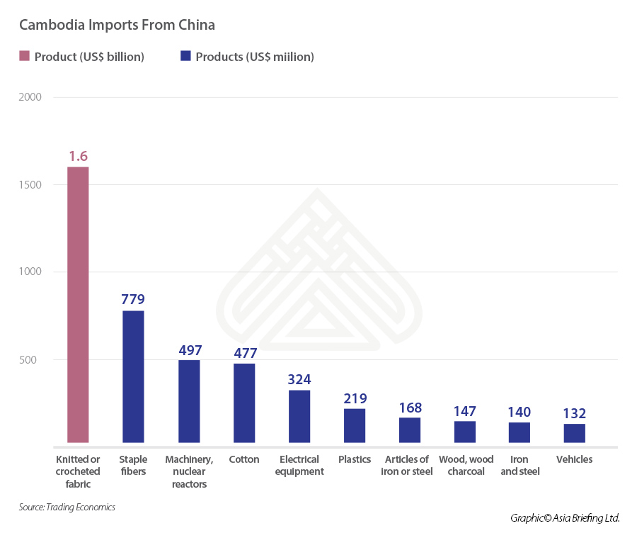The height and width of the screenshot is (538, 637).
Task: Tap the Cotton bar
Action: (244, 404)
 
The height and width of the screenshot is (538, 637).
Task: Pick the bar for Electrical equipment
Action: (299, 417)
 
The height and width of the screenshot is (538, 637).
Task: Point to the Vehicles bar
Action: (574, 435)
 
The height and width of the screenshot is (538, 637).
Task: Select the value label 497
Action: (189, 350)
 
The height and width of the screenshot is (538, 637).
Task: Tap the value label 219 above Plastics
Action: (355, 398)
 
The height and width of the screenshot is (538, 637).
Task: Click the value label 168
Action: (410, 408)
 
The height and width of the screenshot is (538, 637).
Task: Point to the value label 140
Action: (519, 412)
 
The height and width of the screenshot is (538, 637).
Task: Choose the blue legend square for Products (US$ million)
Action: (185, 57)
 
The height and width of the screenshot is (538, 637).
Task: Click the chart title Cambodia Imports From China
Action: (117, 25)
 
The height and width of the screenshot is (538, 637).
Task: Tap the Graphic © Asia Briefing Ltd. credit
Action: (565, 518)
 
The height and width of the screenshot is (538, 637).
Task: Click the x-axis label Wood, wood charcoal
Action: (466, 465)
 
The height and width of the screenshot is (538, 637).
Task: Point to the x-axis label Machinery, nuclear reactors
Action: (189, 471)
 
